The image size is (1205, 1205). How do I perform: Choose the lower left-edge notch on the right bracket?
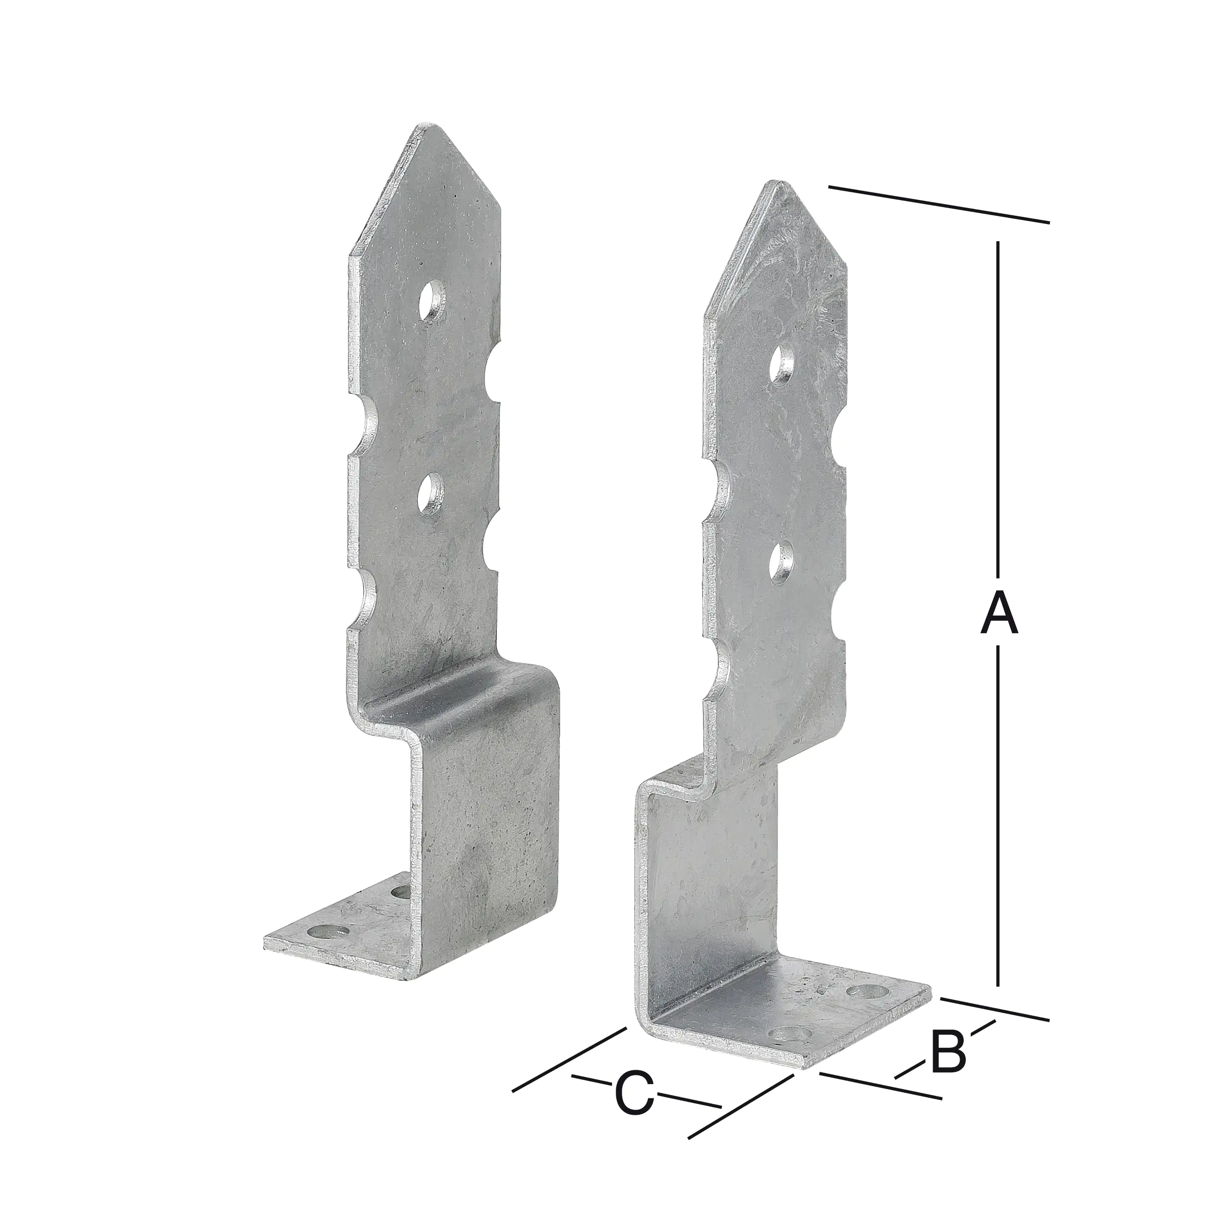(x=717, y=675)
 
